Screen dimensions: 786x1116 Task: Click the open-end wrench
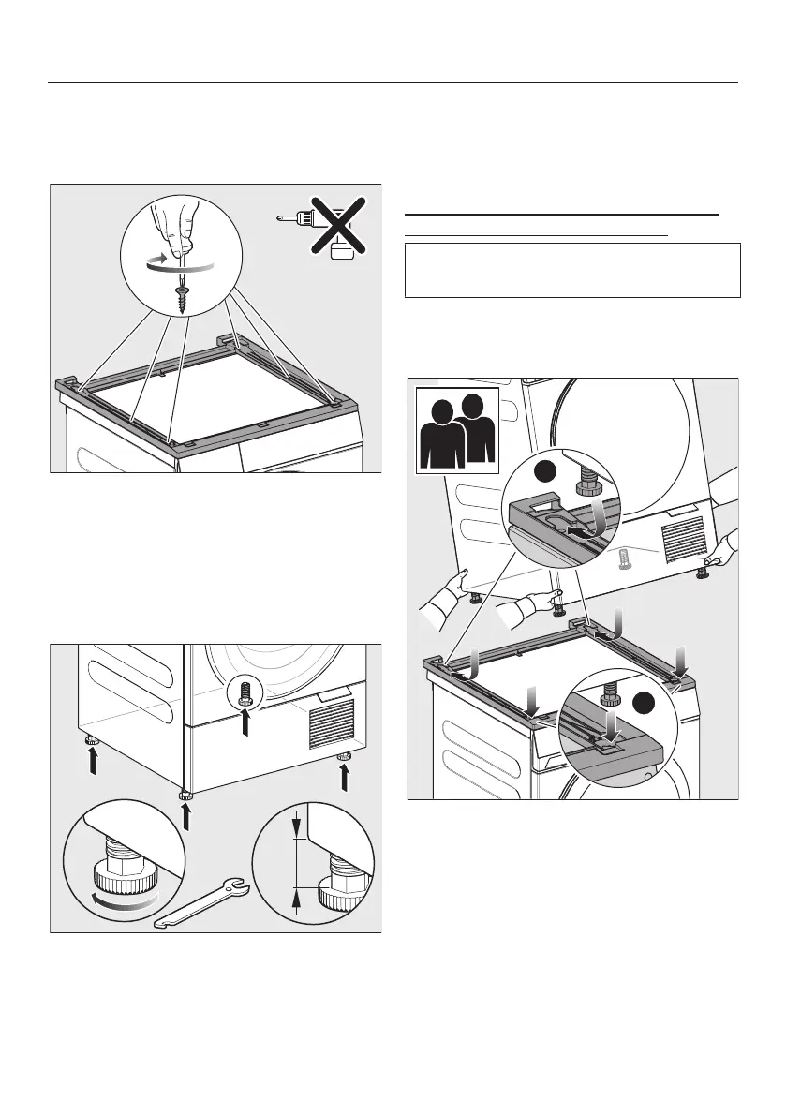click(x=201, y=901)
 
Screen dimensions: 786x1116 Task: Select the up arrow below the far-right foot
click(x=345, y=778)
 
